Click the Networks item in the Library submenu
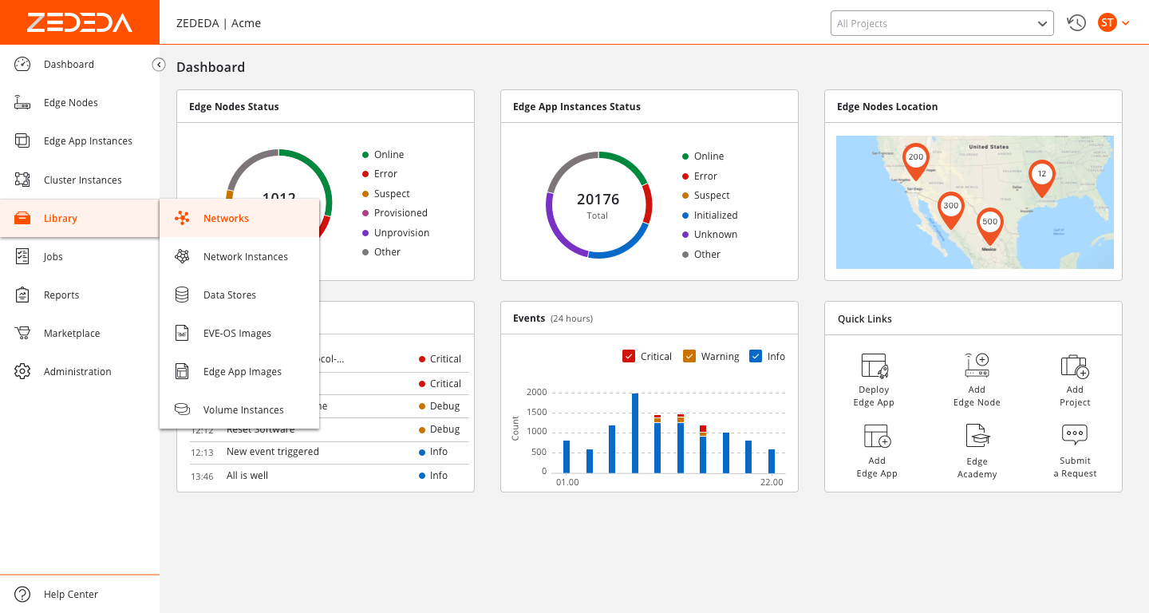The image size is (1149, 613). [226, 218]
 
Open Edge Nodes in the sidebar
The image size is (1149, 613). [70, 103]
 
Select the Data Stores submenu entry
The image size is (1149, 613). [229, 295]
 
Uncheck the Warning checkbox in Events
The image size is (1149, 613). [689, 356]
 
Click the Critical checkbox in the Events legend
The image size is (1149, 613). [629, 356]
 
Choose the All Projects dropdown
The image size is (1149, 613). [942, 23]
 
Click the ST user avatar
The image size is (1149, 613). [1107, 23]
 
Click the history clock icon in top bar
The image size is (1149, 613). [1076, 23]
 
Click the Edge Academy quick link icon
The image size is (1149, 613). [977, 436]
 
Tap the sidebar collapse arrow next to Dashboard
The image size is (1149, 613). [159, 65]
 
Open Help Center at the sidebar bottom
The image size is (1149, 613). [70, 594]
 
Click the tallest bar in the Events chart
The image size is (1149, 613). [635, 433]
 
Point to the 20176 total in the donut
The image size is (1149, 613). [598, 200]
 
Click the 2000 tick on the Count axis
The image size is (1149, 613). [536, 392]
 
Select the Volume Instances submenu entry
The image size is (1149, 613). [243, 409]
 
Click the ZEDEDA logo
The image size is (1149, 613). [79, 22]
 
